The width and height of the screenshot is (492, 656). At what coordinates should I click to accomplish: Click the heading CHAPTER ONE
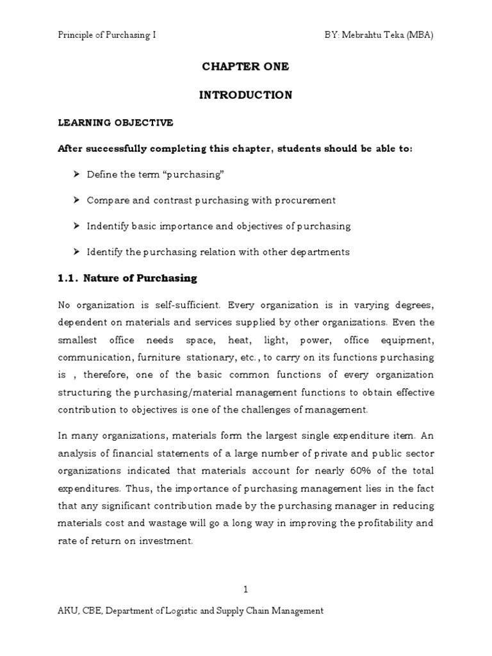[245, 67]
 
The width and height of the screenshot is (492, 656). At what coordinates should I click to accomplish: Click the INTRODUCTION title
[245, 95]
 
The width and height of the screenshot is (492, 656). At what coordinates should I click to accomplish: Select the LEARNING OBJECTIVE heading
[115, 122]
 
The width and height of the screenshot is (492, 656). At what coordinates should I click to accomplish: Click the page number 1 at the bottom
[245, 589]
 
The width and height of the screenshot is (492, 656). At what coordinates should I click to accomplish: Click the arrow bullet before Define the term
[76, 175]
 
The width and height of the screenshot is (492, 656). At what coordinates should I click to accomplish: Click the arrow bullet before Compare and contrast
[76, 201]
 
